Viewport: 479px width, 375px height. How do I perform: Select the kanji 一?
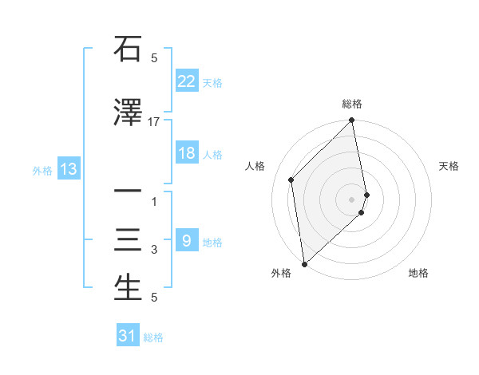click(129, 192)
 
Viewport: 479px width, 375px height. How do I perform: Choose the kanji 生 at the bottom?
click(129, 288)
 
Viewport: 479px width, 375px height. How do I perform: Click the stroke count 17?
click(154, 121)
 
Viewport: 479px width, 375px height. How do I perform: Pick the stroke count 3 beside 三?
click(154, 250)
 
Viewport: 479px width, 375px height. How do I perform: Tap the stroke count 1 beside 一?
click(154, 202)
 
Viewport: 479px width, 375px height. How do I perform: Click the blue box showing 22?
click(186, 81)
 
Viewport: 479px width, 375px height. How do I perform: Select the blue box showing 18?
click(186, 153)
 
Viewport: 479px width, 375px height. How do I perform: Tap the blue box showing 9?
click(186, 240)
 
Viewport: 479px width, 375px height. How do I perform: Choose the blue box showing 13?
click(68, 169)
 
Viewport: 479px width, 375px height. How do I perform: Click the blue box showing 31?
click(128, 336)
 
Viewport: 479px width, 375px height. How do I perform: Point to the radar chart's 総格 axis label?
click(352, 104)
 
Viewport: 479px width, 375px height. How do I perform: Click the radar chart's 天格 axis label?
click(449, 166)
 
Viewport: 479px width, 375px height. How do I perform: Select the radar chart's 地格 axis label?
click(418, 273)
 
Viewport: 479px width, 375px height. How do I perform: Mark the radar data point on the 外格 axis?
click(304, 264)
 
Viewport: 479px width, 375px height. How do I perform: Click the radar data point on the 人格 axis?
click(291, 180)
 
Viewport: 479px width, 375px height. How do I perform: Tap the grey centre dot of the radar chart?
click(352, 199)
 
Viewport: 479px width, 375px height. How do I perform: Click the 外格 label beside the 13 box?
click(42, 170)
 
